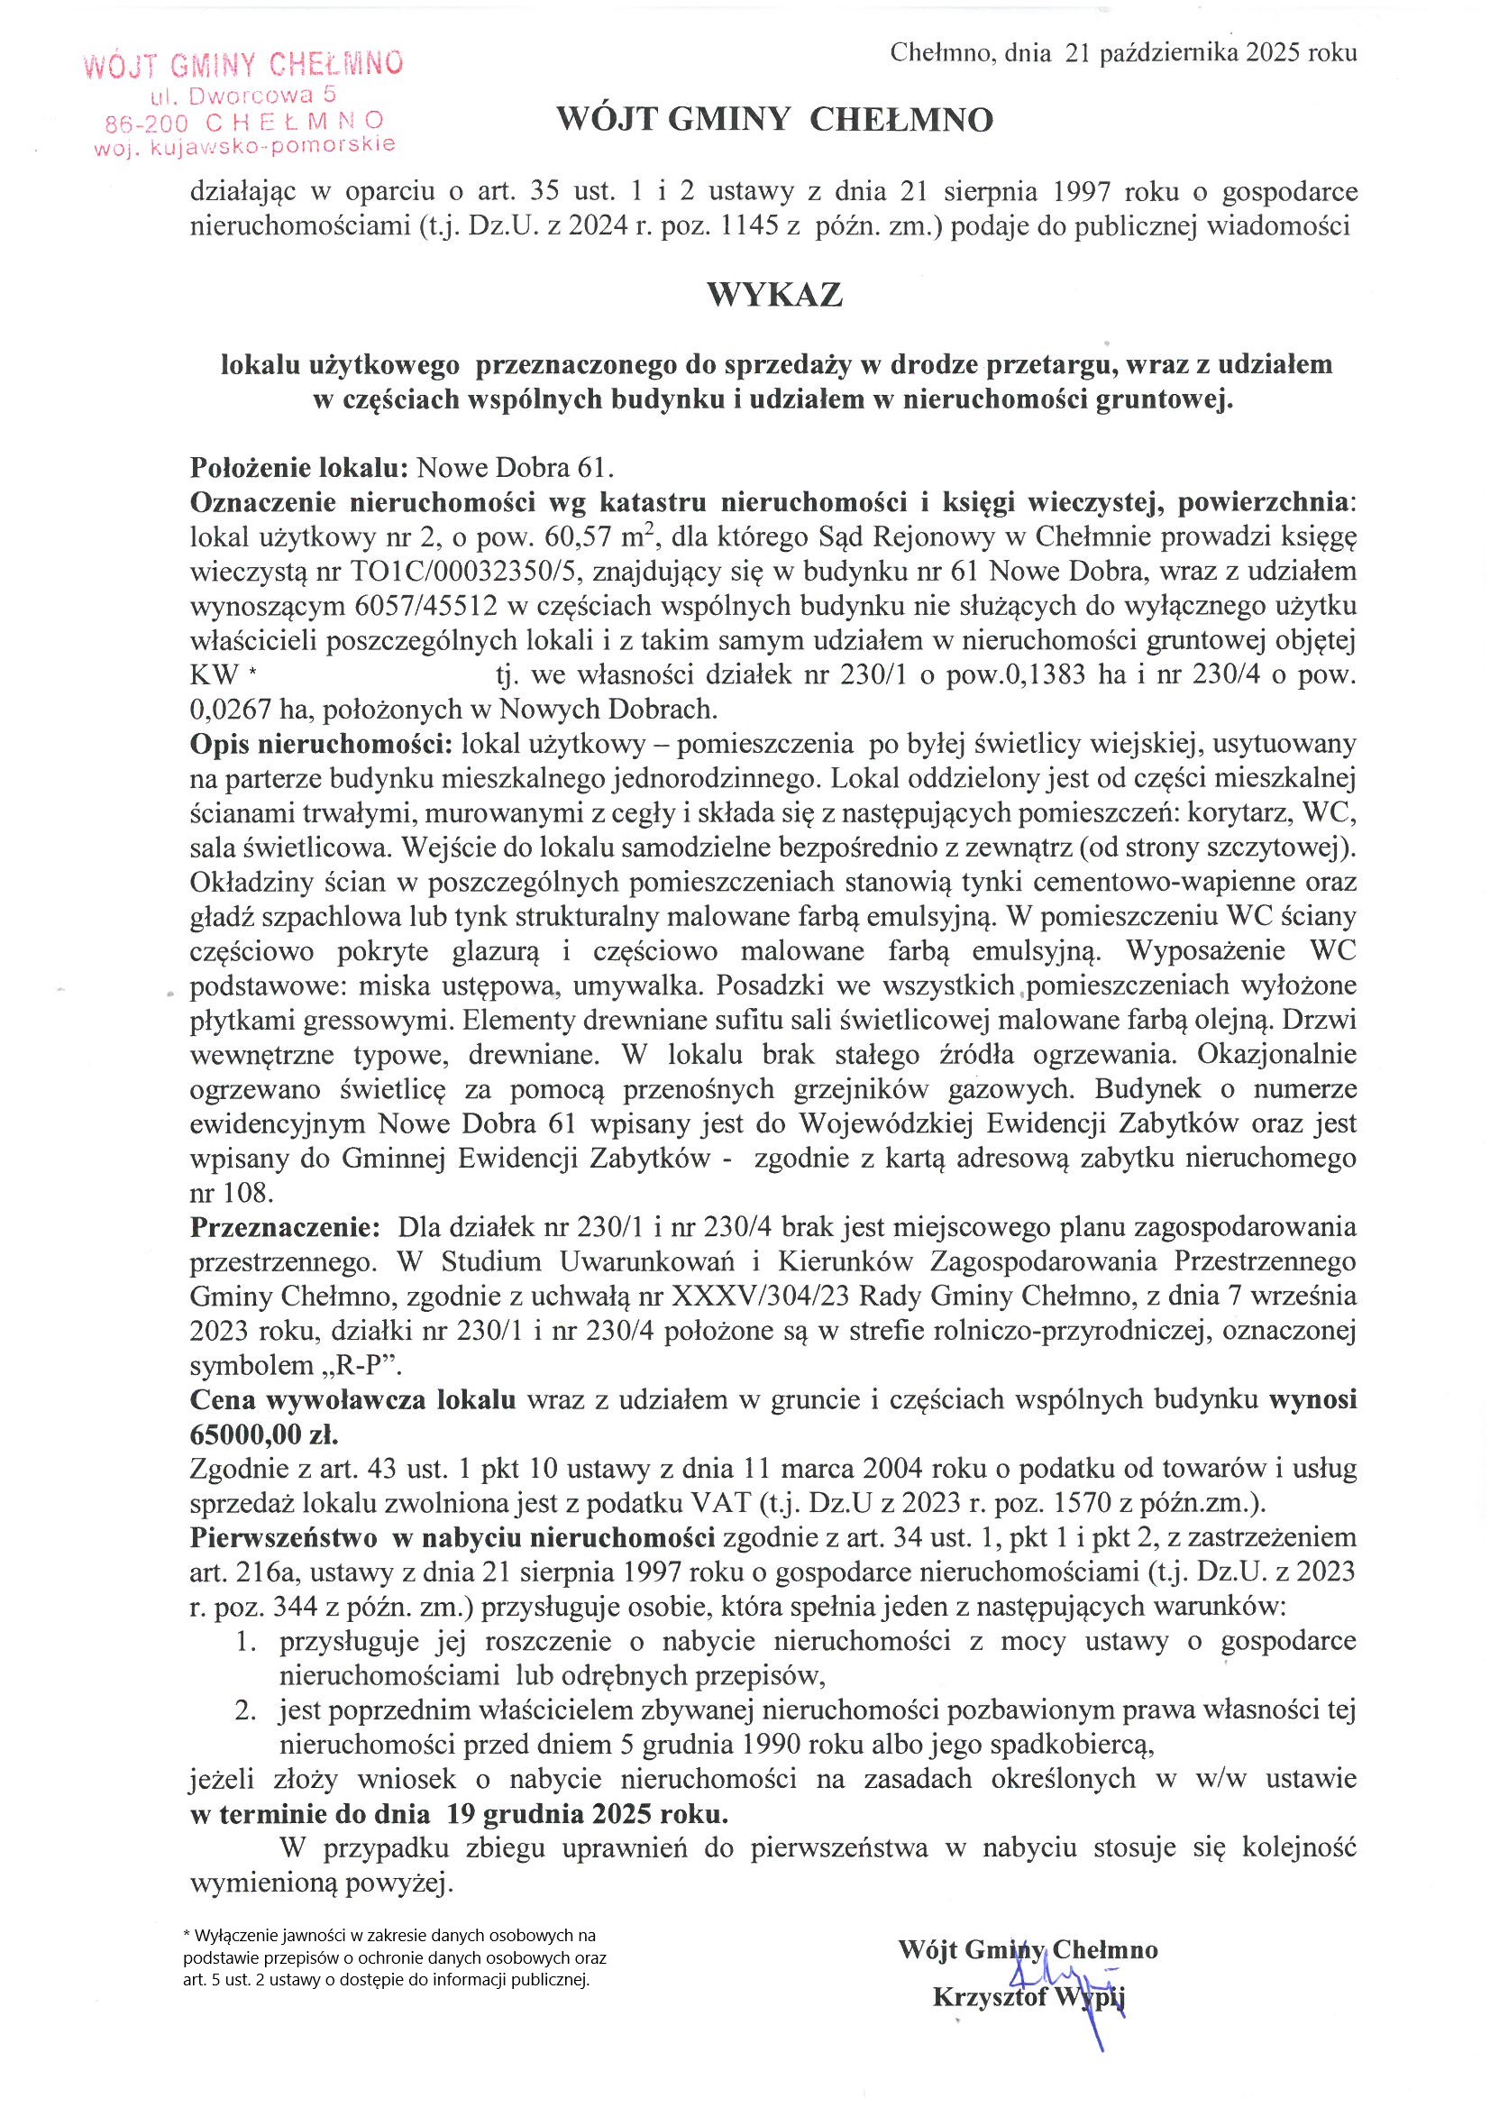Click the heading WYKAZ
click(x=774, y=296)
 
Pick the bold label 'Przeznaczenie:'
click(x=284, y=1227)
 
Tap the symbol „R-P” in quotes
click(x=370, y=1365)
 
